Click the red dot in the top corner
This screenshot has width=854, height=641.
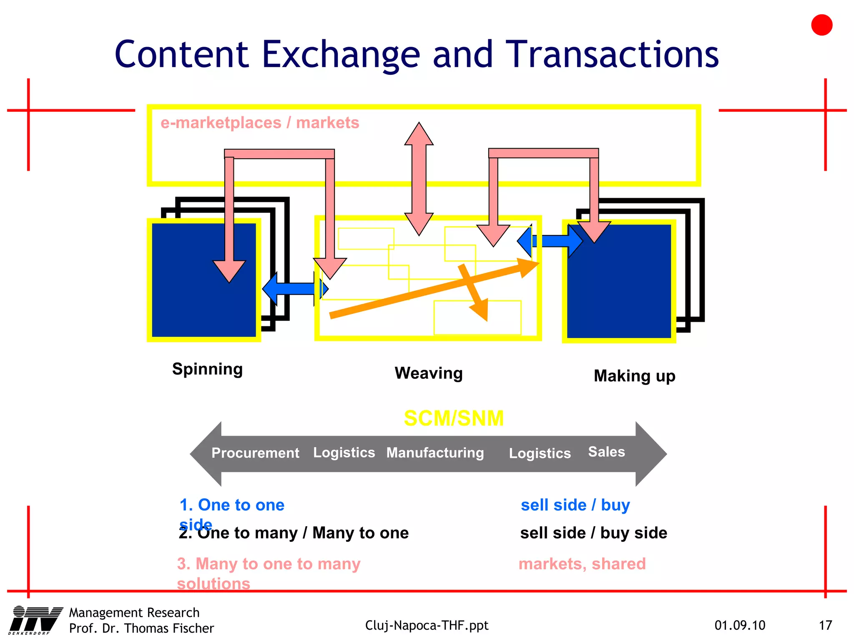pyautogui.click(x=821, y=25)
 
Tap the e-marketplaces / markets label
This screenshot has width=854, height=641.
pyautogui.click(x=260, y=123)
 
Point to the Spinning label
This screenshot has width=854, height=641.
pyautogui.click(x=207, y=369)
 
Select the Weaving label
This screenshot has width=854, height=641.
pyautogui.click(x=429, y=373)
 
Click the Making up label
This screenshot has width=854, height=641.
pyautogui.click(x=634, y=376)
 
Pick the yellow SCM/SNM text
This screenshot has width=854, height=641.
pyautogui.click(x=454, y=418)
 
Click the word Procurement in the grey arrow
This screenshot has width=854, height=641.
pyautogui.click(x=255, y=453)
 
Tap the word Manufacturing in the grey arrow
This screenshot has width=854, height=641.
pyautogui.click(x=435, y=453)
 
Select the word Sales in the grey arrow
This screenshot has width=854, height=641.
pyautogui.click(x=606, y=452)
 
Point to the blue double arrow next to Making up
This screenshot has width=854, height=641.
pyautogui.click(x=550, y=241)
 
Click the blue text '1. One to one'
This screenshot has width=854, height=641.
pyautogui.click(x=232, y=505)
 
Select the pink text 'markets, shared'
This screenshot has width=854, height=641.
pyautogui.click(x=582, y=564)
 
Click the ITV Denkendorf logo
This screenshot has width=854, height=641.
pyautogui.click(x=35, y=620)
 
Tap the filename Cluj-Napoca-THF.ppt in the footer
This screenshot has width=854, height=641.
pyautogui.click(x=427, y=625)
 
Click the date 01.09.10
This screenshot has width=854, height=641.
pyautogui.click(x=740, y=625)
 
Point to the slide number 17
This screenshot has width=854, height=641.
pyautogui.click(x=825, y=625)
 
